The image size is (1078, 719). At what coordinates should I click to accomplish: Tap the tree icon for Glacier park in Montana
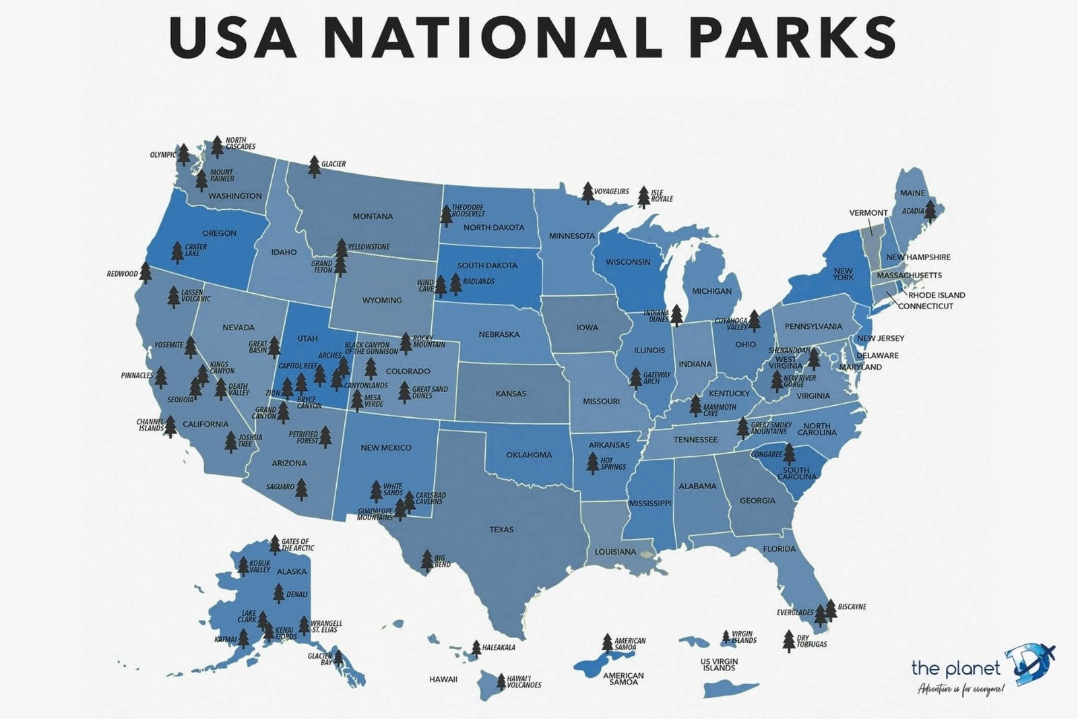click(314, 166)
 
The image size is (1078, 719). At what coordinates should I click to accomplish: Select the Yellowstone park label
click(369, 247)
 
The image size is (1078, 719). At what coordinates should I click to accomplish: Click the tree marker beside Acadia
click(930, 211)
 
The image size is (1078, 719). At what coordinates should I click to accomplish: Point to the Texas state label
click(501, 530)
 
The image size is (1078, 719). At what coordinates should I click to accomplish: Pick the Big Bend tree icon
click(426, 560)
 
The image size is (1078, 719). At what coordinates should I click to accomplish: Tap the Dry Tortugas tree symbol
click(789, 641)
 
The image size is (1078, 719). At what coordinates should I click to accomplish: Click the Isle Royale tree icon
click(643, 197)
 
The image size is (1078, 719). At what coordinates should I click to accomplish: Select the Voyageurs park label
click(612, 191)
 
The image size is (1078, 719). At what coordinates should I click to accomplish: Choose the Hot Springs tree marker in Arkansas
click(592, 463)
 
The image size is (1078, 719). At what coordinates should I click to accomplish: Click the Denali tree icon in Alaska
click(279, 593)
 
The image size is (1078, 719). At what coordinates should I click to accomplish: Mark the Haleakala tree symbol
click(476, 648)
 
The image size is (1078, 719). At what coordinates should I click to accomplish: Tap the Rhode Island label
click(937, 295)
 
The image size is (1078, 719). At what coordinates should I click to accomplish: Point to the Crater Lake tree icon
click(177, 252)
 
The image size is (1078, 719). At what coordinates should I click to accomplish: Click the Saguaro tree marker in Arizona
click(301, 489)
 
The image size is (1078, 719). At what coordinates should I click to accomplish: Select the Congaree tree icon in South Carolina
click(789, 454)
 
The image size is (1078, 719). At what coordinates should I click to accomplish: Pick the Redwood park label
click(122, 274)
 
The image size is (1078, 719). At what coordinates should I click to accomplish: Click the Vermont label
click(868, 213)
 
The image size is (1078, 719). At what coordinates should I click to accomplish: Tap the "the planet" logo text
click(955, 668)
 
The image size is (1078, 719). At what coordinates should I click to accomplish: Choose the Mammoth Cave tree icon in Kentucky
click(695, 405)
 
